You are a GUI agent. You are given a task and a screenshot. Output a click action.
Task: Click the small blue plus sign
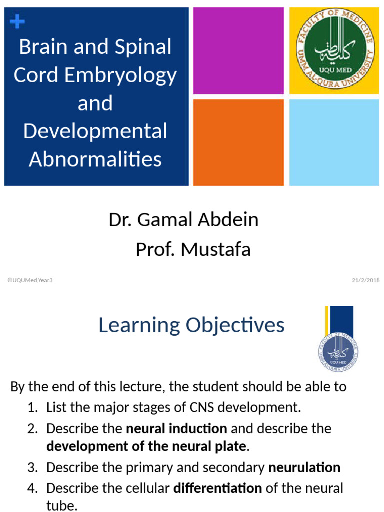17,21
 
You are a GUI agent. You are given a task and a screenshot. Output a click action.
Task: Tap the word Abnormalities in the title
95,159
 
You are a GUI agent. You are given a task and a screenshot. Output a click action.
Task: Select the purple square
238,51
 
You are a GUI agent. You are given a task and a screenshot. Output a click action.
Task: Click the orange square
238,142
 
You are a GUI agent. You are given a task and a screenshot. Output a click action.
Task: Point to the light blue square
334,142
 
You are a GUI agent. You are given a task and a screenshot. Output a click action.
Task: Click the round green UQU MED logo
334,51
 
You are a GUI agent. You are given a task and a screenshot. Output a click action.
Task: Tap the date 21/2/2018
366,280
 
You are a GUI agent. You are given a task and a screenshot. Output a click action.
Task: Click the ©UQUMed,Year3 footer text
30,280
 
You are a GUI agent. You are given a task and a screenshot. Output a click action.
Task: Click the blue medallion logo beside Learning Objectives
338,353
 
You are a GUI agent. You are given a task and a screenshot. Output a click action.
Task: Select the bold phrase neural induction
176,429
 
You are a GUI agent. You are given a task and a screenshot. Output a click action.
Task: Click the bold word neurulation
304,468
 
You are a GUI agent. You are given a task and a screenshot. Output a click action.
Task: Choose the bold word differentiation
217,488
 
